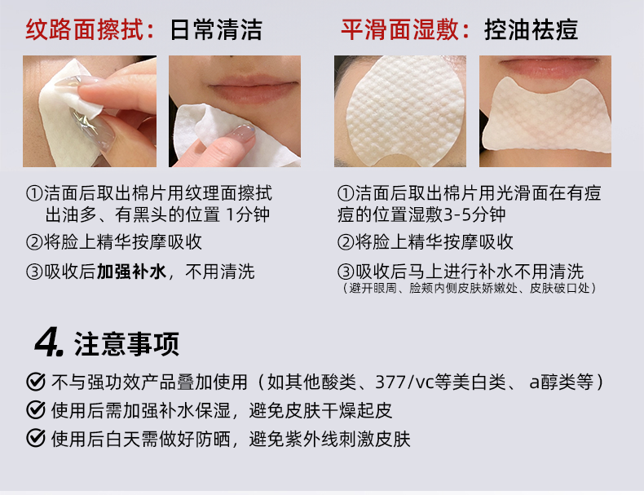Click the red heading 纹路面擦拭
[84, 29]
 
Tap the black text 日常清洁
[216, 29]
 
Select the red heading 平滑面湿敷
[399, 29]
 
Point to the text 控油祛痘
[531, 29]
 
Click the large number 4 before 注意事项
[49, 343]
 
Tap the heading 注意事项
[126, 343]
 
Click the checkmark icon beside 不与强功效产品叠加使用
[36, 382]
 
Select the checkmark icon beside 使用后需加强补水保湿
[36, 410]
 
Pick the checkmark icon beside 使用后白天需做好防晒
[36, 438]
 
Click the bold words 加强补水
[131, 271]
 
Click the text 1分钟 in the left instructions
[248, 214]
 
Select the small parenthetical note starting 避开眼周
[469, 288]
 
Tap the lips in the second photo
[252, 89]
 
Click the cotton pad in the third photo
[405, 111]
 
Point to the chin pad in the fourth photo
[545, 114]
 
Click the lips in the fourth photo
[546, 67]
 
